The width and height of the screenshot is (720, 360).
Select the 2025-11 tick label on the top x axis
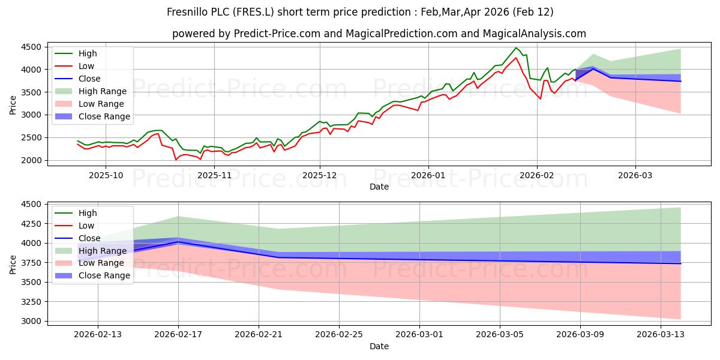(214, 175)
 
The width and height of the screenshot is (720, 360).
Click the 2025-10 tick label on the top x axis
(106, 175)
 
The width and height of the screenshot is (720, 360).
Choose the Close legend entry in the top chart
(89, 79)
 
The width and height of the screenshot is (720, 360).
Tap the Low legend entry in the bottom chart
(86, 225)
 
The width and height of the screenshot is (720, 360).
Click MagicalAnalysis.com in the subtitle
(537, 34)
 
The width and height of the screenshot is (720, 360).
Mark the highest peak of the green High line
(515, 47)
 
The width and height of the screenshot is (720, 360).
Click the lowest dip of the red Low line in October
(176, 160)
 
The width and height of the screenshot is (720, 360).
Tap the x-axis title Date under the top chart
(379, 187)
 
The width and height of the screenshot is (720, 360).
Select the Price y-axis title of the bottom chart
(13, 263)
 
